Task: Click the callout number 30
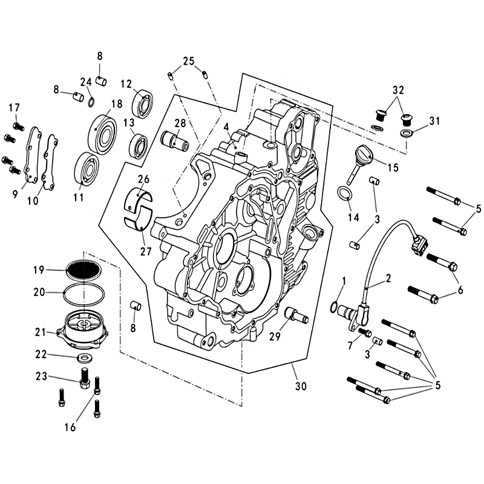pos(301,386)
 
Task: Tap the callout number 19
pos(39,270)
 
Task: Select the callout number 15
pos(393,168)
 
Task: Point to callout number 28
pos(180,123)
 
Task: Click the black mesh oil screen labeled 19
pos(84,270)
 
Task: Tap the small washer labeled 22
pos(83,358)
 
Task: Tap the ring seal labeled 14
pos(344,194)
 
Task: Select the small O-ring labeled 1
pos(333,307)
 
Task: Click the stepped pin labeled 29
pos(296,314)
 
